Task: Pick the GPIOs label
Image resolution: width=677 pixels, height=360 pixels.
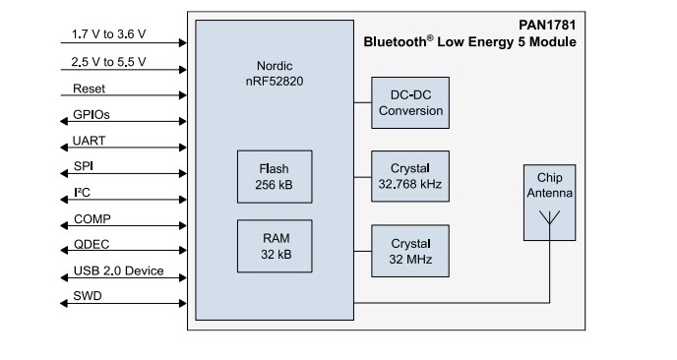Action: coord(92,115)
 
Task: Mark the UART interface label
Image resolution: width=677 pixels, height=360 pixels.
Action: coord(89,141)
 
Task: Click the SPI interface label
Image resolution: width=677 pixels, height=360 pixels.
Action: coord(84,166)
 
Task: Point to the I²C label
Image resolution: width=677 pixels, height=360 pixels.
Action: coord(83,192)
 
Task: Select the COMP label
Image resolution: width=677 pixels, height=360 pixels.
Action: coord(91,218)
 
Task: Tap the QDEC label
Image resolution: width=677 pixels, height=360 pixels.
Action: coord(91,245)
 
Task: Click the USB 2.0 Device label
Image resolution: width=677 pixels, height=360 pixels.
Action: coord(117,270)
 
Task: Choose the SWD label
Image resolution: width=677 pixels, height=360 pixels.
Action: coord(87,296)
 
